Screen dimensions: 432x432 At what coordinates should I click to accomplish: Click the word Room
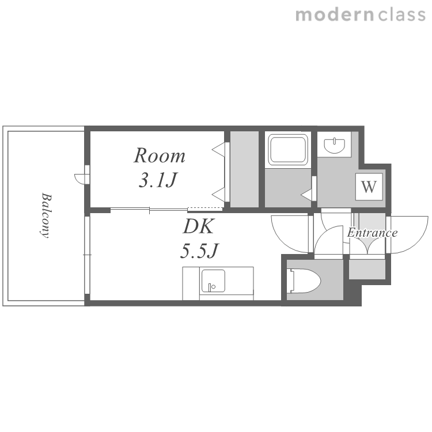[159, 156]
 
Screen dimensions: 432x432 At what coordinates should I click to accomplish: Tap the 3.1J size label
[157, 180]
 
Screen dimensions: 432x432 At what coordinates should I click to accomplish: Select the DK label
[198, 226]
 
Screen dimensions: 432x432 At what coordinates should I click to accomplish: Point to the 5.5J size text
[199, 251]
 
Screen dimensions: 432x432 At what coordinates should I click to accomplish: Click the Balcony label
[46, 215]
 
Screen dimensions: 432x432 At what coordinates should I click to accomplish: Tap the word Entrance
[372, 233]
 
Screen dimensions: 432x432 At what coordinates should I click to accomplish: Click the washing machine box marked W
[369, 187]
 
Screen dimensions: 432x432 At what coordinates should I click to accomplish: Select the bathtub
[288, 150]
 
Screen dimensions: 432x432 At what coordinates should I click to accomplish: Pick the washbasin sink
[334, 145]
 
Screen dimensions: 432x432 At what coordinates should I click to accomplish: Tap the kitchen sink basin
[213, 281]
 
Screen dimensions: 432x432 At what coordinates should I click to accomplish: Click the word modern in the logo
[335, 15]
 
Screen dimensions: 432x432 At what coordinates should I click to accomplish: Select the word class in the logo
[402, 15]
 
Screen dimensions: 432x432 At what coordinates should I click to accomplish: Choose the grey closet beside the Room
[244, 169]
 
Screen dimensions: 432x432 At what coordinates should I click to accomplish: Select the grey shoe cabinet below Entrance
[367, 269]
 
